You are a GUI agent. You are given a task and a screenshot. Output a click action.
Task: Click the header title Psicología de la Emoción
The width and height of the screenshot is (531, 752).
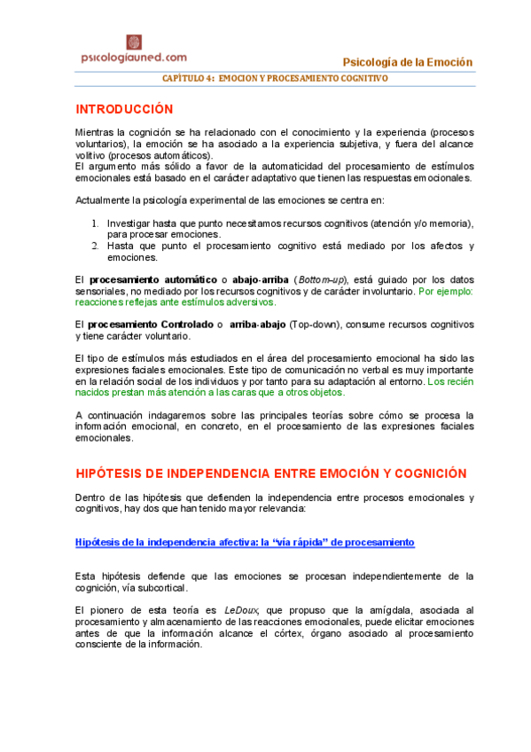point(407,62)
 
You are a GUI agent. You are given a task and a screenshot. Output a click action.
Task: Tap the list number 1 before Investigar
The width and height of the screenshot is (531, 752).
point(96,223)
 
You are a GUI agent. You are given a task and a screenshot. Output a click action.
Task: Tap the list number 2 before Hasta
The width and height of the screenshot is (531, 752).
point(96,246)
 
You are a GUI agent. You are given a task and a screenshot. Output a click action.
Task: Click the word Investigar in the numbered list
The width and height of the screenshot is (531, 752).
point(129,223)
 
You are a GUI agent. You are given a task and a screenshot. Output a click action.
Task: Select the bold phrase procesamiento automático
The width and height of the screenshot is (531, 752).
point(153,280)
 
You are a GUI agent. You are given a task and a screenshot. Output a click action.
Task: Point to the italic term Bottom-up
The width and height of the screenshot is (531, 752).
point(323,280)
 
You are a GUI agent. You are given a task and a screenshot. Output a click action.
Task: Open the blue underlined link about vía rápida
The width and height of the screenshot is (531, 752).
point(245,542)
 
